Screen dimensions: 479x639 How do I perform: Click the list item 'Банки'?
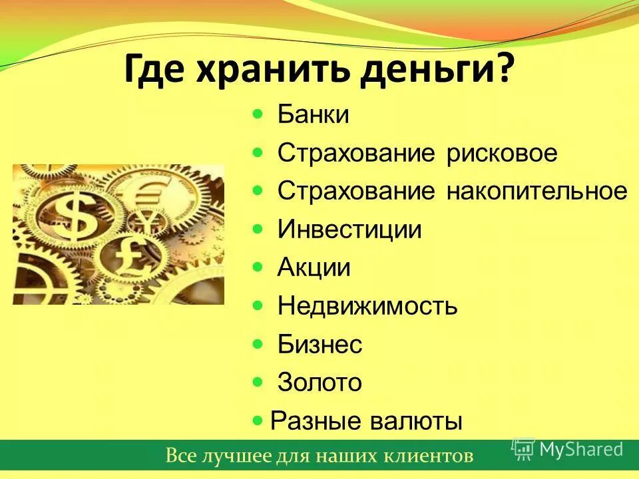point(313,115)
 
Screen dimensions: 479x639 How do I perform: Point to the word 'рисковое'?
point(502,154)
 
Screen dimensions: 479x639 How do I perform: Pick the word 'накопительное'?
point(536,192)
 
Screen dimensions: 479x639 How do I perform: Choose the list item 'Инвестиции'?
point(349,230)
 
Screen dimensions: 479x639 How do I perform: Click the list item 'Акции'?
point(314,268)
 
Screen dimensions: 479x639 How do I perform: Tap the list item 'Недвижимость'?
point(367,307)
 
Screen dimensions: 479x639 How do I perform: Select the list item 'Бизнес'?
point(319,345)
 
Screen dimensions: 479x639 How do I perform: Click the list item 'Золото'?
point(319,383)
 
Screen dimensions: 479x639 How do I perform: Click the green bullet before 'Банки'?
point(258,115)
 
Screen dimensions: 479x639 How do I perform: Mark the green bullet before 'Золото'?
point(258,383)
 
